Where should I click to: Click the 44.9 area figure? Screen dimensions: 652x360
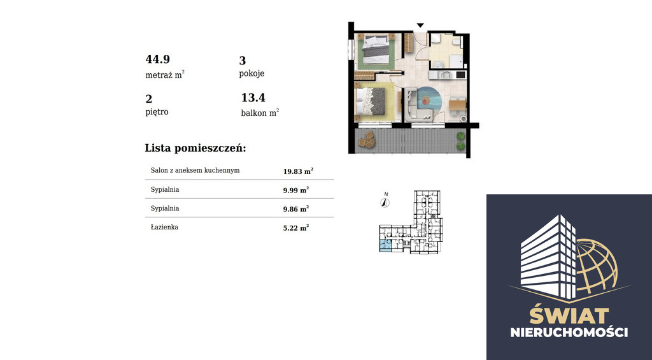pos(158,59)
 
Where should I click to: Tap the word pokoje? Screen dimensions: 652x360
pos(252,74)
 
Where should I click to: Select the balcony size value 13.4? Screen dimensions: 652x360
pos(253,97)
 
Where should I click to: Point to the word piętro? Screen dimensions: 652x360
pos(157,112)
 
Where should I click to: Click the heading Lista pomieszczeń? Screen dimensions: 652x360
pos(195,148)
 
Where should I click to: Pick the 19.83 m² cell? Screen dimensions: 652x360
pos(298,171)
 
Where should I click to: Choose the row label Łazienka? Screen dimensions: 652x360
pos(164,227)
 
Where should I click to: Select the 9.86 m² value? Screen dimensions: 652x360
pos(296,209)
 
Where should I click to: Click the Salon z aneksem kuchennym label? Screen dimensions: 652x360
pos(195,170)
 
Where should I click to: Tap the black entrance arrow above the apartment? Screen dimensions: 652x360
pos(420,25)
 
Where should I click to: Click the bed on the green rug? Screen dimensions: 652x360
pos(376,49)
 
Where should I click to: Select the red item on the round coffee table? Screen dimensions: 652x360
pos(425,100)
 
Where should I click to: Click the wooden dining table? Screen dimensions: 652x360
pos(457,104)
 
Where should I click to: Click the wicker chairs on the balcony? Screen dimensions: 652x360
pos(367,140)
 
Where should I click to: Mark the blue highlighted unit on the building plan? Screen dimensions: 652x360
pos(385,245)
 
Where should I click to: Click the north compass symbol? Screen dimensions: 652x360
pos(385,203)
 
